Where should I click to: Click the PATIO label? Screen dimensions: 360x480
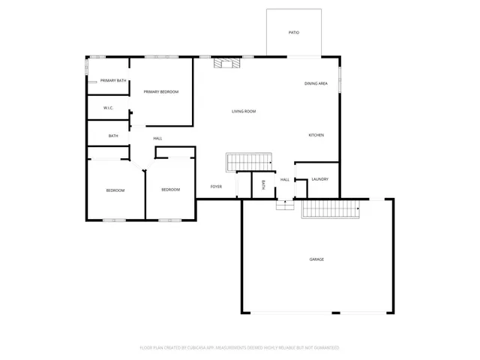click(294, 33)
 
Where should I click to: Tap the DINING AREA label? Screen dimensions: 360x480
click(316, 83)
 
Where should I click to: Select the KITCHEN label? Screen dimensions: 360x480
click(316, 135)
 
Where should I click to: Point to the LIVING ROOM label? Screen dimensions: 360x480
click(244, 111)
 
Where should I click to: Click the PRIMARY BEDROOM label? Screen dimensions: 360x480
click(161, 91)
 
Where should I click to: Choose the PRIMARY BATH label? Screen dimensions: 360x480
click(113, 80)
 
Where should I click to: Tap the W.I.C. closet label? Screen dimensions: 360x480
click(109, 108)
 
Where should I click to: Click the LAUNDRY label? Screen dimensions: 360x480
click(320, 179)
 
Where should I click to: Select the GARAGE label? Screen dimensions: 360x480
click(316, 259)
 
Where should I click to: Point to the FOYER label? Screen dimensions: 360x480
click(216, 186)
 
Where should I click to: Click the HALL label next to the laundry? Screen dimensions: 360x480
click(285, 179)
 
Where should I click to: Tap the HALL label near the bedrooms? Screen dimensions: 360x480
click(157, 138)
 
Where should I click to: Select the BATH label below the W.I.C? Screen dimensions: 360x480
click(113, 136)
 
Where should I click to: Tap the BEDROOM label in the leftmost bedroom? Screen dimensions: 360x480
click(115, 190)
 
